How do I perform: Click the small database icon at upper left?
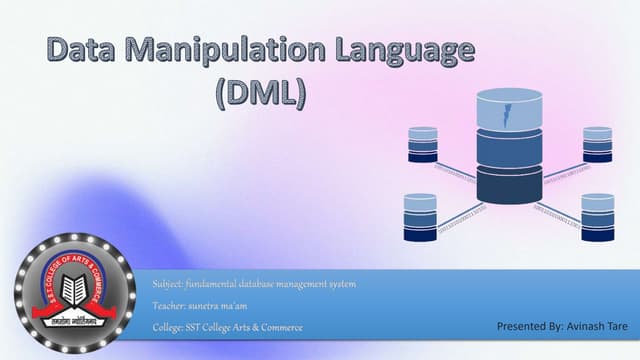[x=423, y=144]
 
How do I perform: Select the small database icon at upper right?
[x=597, y=144]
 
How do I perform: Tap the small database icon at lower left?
[x=419, y=217]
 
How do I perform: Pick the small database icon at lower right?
[x=597, y=215]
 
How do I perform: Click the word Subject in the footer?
[x=167, y=285]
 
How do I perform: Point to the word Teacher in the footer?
[x=168, y=306]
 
